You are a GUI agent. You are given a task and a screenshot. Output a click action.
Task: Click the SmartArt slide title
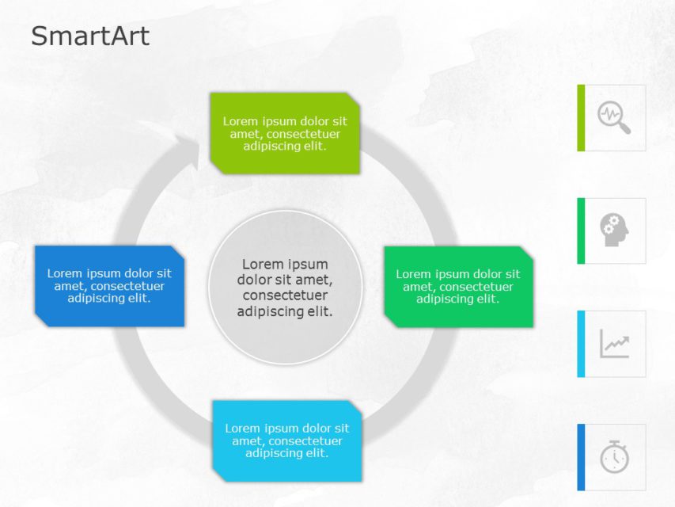(x=89, y=36)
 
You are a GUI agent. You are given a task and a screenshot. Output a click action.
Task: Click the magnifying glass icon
(x=614, y=117)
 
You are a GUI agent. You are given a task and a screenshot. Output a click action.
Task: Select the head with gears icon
(x=614, y=230)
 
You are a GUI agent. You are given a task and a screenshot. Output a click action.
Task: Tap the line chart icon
(x=614, y=344)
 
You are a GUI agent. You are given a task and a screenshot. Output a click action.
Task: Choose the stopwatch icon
(x=614, y=457)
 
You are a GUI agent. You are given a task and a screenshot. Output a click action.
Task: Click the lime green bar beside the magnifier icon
(x=581, y=117)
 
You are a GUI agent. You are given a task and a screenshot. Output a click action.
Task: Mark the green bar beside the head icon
(x=581, y=231)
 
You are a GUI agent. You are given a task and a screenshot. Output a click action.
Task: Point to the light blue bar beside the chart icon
(x=581, y=344)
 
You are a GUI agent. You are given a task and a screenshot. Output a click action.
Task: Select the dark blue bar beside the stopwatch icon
(x=581, y=457)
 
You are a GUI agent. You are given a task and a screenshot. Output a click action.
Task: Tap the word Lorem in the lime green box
(x=240, y=121)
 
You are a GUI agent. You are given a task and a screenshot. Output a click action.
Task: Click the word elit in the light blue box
(x=316, y=453)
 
